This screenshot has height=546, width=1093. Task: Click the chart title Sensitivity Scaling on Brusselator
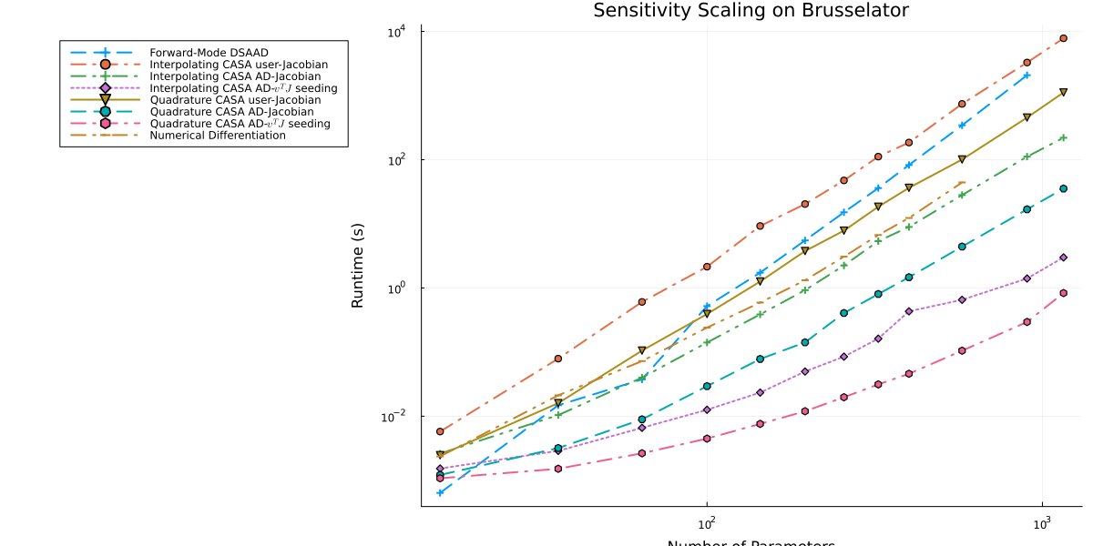click(x=751, y=11)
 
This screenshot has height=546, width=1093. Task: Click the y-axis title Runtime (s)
click(x=358, y=265)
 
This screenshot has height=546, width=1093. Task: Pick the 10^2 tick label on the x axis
click(x=706, y=524)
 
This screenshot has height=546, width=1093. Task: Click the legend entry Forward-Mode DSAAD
click(x=201, y=52)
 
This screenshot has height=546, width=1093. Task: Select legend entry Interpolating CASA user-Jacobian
click(x=239, y=65)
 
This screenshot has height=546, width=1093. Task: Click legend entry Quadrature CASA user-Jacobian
click(x=235, y=100)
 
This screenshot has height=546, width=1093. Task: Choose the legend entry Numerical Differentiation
click(x=218, y=136)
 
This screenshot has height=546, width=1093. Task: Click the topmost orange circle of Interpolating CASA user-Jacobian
click(x=1063, y=38)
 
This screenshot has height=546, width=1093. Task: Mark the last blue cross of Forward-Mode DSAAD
click(x=1027, y=75)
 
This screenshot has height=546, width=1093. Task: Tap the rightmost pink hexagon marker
click(x=1063, y=293)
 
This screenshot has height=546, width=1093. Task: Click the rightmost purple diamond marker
click(x=1063, y=258)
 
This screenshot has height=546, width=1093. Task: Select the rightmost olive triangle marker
click(x=1063, y=92)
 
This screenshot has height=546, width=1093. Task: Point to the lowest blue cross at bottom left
click(x=440, y=492)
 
